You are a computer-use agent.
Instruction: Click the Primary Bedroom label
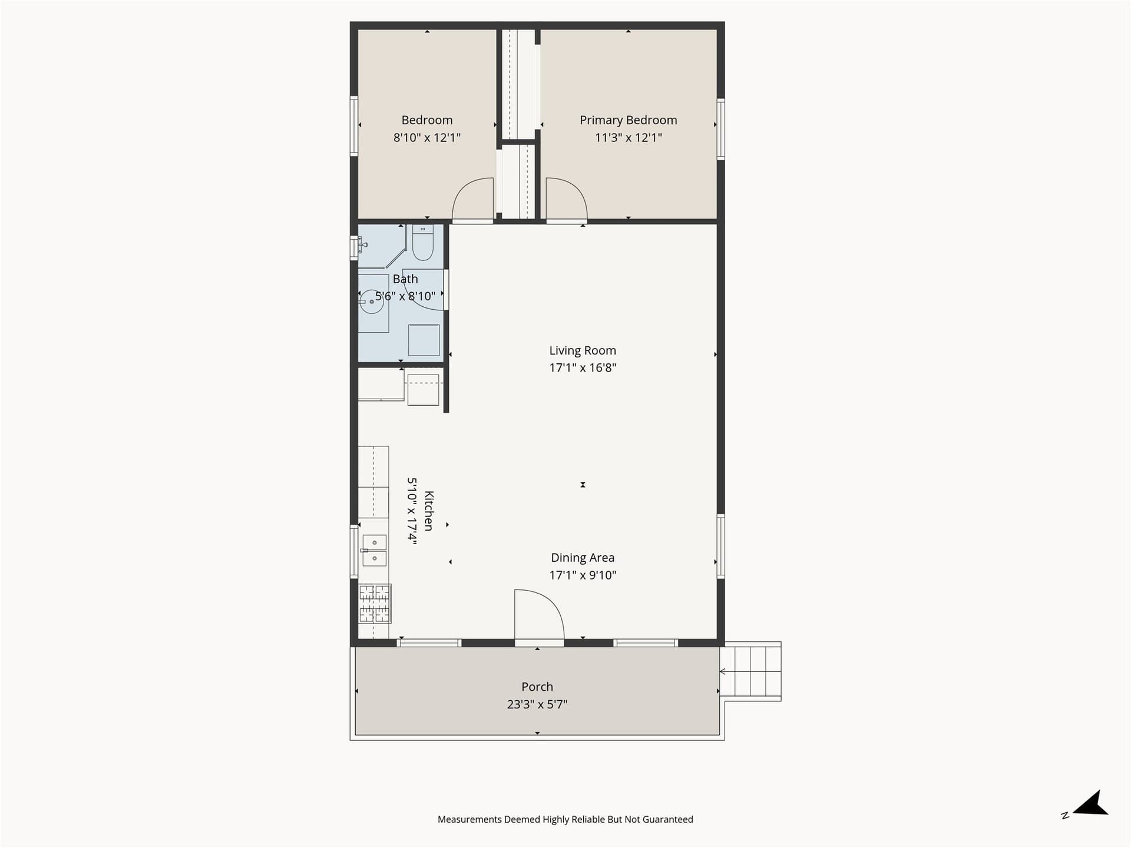[628, 120]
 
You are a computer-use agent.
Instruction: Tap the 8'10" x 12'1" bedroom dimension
[427, 138]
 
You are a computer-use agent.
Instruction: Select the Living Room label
[583, 350]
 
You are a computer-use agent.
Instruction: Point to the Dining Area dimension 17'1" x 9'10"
[583, 575]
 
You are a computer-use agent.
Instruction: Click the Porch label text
[537, 687]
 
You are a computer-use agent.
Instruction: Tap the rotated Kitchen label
[429, 511]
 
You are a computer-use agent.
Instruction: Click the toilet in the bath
[422, 242]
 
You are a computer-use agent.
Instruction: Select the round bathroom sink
[372, 302]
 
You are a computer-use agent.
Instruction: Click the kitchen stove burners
[375, 603]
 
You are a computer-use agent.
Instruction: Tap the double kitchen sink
[374, 550]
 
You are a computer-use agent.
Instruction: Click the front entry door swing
[539, 614]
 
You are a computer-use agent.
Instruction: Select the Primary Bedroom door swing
[566, 198]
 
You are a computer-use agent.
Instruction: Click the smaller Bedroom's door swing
[473, 198]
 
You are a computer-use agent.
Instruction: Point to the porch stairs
[751, 671]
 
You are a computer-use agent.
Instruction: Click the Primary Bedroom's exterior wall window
[720, 129]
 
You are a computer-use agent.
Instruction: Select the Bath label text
[405, 279]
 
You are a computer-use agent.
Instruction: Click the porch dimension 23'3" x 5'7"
[537, 704]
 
